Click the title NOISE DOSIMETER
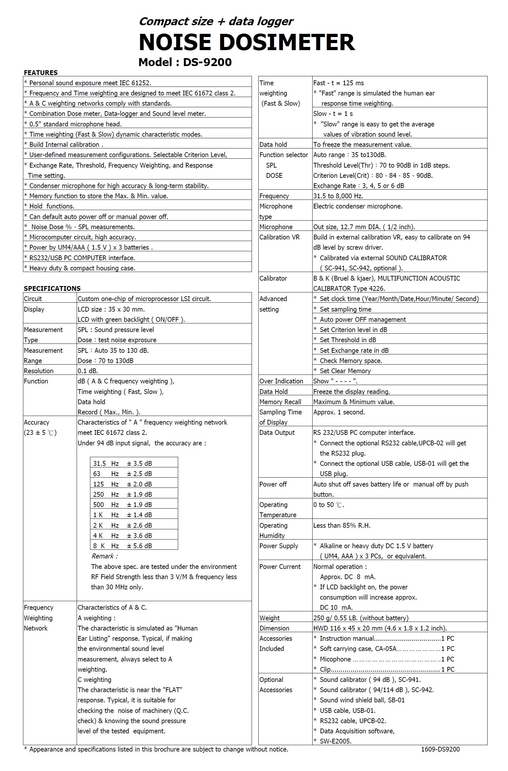point(247,42)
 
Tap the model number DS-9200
point(207,62)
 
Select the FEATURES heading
point(41,72)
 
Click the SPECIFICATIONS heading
point(52,288)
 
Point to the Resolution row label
point(39,371)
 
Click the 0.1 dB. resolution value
point(88,371)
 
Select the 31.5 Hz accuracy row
point(123,463)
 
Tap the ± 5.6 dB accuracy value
point(139,546)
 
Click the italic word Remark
point(104,556)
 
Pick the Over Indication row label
point(281,381)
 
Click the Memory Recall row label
point(280,402)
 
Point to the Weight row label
point(269,618)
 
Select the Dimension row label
point(274,629)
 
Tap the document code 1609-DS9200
point(440,749)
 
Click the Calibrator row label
point(273,278)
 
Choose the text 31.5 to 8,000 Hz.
point(338,196)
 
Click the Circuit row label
point(33,299)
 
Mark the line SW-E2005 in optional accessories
point(335,741)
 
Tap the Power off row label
point(273,484)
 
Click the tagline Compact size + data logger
point(216,21)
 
